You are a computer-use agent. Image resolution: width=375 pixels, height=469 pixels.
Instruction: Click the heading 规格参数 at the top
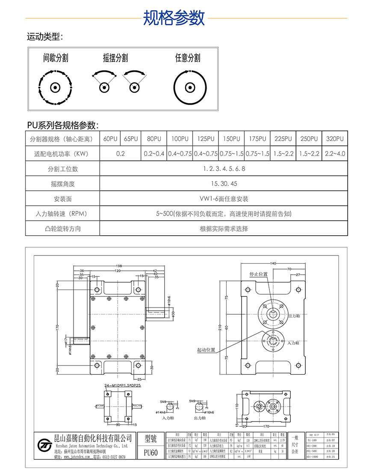pos(174,18)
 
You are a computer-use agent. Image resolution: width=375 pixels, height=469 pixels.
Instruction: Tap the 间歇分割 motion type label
pos(56,58)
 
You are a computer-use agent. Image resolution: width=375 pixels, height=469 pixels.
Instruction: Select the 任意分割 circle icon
pos(187,88)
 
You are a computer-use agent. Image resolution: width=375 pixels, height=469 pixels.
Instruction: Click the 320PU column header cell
pos(334,139)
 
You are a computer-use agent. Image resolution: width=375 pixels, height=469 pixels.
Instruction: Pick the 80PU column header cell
pos(154,139)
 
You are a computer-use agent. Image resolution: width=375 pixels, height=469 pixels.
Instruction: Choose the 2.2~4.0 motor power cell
pos(334,154)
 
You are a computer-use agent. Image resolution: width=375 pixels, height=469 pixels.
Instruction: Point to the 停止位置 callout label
pos(258,274)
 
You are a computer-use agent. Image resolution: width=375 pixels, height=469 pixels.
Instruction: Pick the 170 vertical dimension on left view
pos(57,328)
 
